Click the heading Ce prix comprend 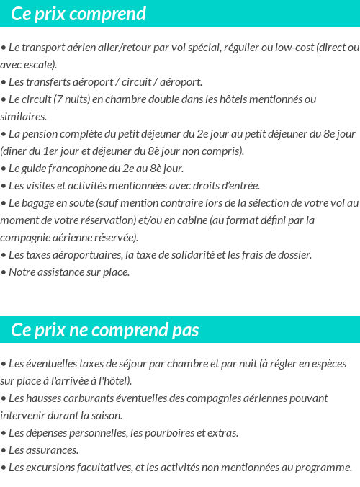click(x=78, y=14)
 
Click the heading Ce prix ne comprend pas click(x=105, y=330)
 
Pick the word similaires click(x=22, y=117)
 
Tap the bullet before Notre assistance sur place click(x=4, y=272)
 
